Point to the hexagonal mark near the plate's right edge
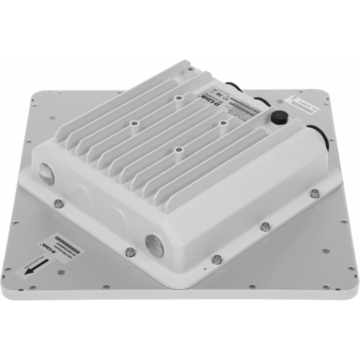327,250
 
